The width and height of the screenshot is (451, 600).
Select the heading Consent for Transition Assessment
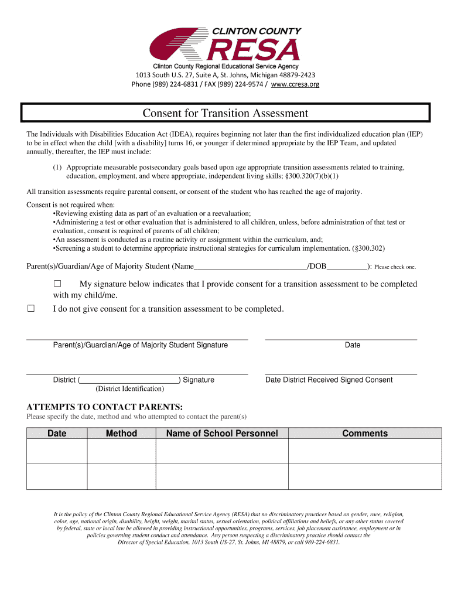tap(225, 113)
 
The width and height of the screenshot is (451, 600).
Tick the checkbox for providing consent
tap(57, 284)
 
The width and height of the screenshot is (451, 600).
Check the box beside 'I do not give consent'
tap(31, 309)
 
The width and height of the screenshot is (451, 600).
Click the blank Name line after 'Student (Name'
tap(250, 267)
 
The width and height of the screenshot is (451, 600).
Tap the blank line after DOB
tap(347, 267)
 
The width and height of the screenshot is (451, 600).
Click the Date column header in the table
tap(57, 434)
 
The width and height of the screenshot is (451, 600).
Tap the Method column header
tap(121, 434)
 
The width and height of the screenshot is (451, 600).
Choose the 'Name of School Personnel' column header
tap(222, 434)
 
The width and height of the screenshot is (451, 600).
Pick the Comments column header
tap(365, 434)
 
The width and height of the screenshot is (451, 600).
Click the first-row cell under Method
tap(121, 451)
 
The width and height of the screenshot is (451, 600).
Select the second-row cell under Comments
tap(365, 476)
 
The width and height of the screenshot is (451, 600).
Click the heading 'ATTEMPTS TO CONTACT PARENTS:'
tap(105, 407)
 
